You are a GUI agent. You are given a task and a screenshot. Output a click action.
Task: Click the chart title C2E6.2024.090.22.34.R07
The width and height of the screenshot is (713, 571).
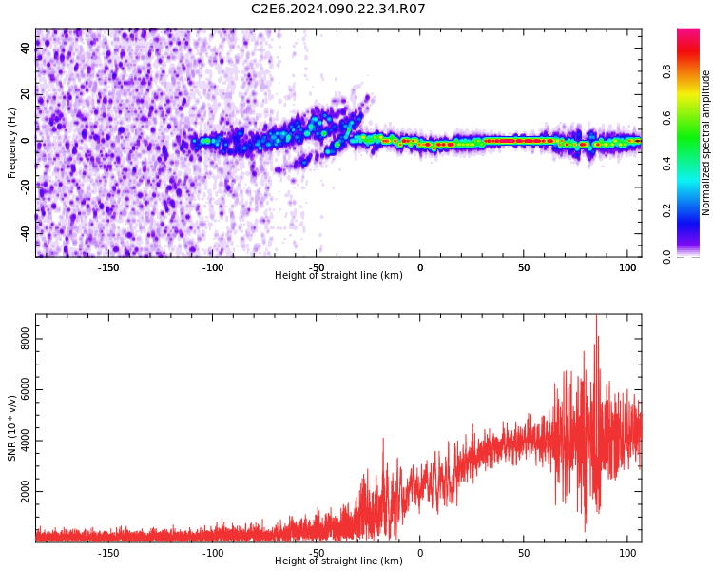pyautogui.click(x=337, y=10)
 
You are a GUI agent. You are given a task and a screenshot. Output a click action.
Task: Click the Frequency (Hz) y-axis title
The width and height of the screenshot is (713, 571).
pyautogui.click(x=12, y=143)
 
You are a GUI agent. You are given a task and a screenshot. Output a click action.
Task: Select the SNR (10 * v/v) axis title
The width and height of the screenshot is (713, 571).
pyautogui.click(x=12, y=428)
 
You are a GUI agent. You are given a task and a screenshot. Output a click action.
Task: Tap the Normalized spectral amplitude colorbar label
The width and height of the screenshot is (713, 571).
pyautogui.click(x=706, y=143)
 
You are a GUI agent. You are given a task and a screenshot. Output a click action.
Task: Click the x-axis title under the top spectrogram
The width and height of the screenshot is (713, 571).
pyautogui.click(x=338, y=276)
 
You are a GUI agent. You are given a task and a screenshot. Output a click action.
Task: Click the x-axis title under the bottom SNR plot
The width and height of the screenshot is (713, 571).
pyautogui.click(x=338, y=561)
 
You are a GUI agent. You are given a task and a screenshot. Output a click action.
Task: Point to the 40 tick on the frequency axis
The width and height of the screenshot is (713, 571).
pyautogui.click(x=25, y=49)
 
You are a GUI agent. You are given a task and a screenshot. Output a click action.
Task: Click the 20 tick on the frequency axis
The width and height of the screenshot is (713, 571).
pyautogui.click(x=25, y=95)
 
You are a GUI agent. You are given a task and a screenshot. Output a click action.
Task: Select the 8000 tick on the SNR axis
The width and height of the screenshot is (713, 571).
pyautogui.click(x=19, y=339)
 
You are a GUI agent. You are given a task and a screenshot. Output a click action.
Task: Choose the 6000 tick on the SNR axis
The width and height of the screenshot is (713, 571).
pyautogui.click(x=19, y=390)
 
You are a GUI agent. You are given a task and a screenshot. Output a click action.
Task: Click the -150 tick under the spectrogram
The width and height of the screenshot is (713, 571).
pyautogui.click(x=108, y=267)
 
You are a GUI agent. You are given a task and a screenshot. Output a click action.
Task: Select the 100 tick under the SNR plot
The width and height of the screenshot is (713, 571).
pyautogui.click(x=627, y=553)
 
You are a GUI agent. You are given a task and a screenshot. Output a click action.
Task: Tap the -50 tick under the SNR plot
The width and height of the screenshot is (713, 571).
pyautogui.click(x=317, y=553)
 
